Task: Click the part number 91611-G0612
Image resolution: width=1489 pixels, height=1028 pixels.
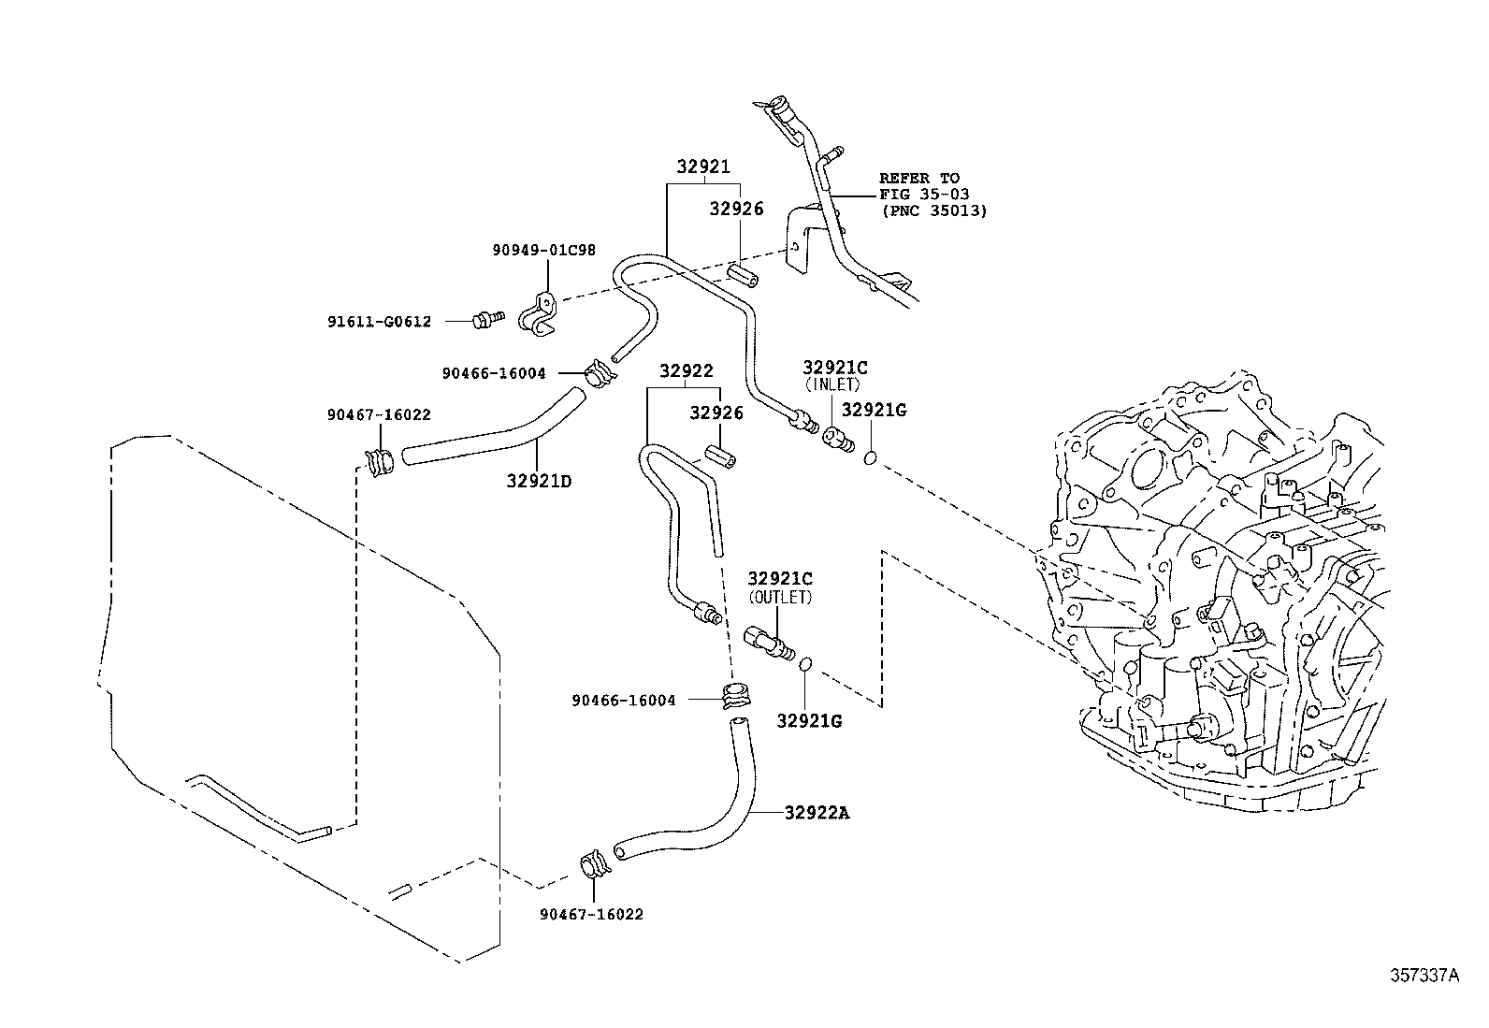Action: [379, 322]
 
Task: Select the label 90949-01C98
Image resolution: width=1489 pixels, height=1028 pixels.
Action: [543, 251]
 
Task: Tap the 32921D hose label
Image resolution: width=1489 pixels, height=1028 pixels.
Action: [539, 481]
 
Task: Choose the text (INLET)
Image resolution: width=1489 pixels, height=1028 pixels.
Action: [831, 384]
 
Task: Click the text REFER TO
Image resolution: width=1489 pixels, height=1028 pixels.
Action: [918, 178]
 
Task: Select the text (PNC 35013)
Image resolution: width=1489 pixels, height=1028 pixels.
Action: [932, 211]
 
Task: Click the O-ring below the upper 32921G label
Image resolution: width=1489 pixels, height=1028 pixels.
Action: [870, 458]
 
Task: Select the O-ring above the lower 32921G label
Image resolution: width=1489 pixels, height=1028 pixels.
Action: [804, 664]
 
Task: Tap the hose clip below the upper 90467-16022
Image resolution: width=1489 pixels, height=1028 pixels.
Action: [380, 461]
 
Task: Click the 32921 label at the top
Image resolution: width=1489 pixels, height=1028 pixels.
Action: [702, 167]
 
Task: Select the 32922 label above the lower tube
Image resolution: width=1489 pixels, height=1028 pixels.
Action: [686, 371]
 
